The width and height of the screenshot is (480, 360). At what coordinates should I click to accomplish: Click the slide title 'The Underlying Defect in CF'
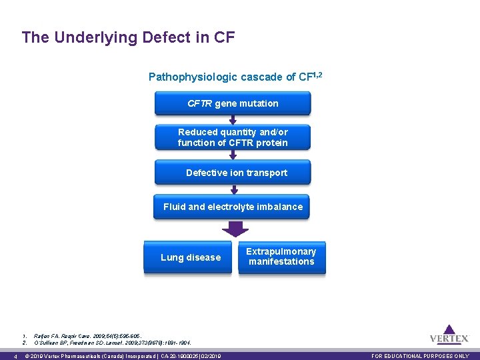coord(128,37)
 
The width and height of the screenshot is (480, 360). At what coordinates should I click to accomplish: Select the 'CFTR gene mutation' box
coord(233,103)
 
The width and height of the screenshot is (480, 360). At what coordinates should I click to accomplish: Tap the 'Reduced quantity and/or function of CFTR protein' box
coord(233,137)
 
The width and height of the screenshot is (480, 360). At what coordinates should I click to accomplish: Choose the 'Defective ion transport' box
coord(233,173)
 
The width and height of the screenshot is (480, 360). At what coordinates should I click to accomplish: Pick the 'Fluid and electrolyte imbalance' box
coord(233,207)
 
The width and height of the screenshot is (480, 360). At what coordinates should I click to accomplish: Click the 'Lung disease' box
coord(191,257)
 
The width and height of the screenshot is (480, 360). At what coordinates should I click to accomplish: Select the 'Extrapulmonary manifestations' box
coord(281,257)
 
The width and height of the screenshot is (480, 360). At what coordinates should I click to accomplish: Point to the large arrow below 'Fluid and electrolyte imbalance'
coord(235,229)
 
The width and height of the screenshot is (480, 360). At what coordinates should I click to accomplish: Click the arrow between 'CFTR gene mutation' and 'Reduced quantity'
coord(233,120)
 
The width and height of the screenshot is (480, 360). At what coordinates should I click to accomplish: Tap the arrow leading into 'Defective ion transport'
coord(233,155)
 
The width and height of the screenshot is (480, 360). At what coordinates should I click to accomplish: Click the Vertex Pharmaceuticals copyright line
coord(122,356)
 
